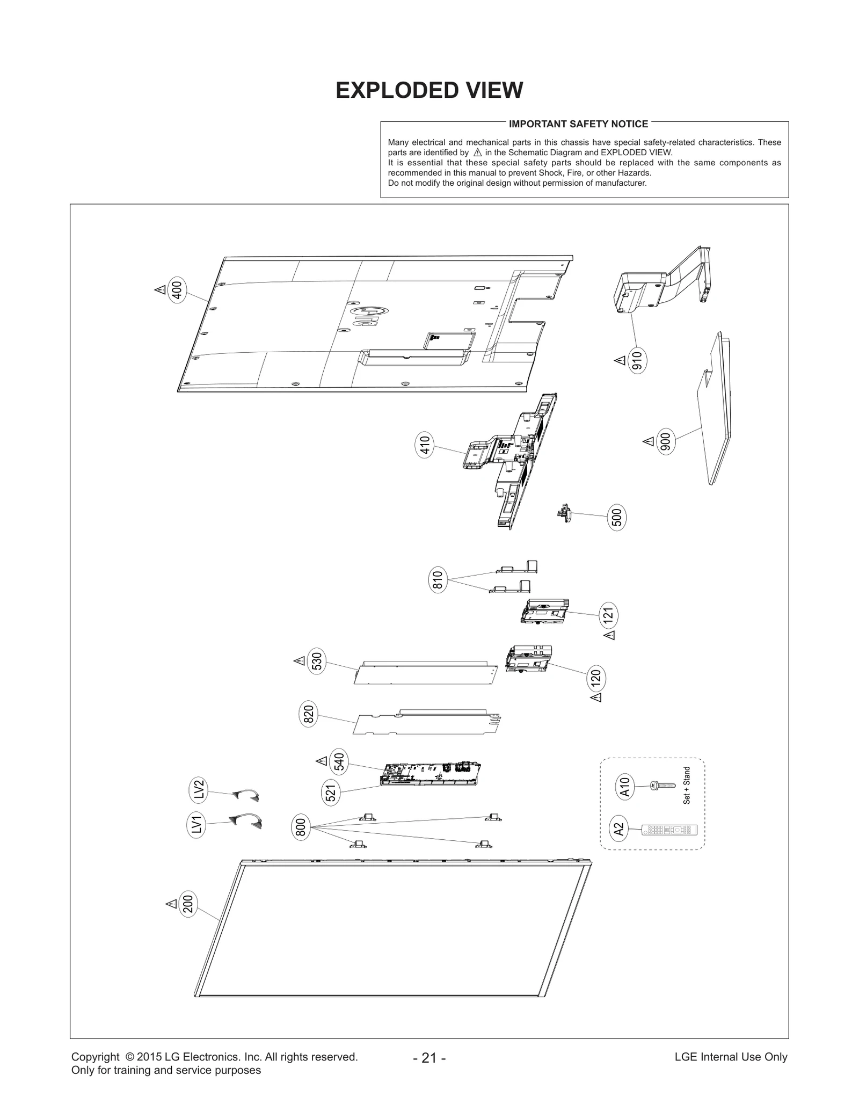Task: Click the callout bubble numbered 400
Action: point(177,290)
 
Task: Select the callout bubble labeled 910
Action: point(637,361)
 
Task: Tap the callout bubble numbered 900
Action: point(666,442)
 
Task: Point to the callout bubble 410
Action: point(425,446)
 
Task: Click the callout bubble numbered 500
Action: point(617,518)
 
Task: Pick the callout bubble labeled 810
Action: point(438,580)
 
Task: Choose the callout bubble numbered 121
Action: point(608,616)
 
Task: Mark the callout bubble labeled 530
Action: point(317,662)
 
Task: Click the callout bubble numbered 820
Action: point(309,715)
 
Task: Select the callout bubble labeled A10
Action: point(624,787)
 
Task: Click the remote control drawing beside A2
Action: point(670,830)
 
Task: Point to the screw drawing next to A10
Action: point(663,786)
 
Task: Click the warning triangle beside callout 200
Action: point(171,904)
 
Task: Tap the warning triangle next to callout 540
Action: point(322,761)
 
